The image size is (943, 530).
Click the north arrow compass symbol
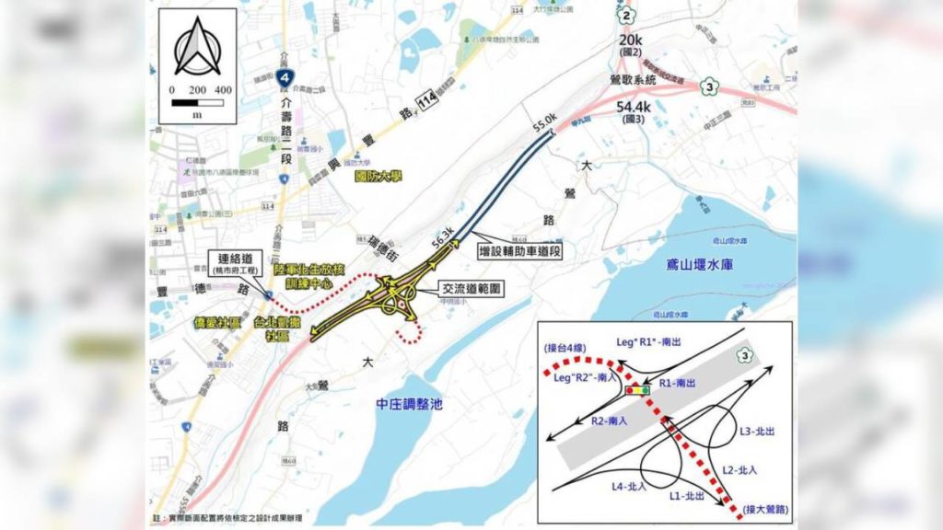coord(195,49)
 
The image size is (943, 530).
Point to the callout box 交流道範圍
coord(472,288)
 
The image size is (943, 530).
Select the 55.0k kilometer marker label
coord(545,120)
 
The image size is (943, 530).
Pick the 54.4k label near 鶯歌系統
coord(634,112)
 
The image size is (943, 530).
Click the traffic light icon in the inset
coord(637,390)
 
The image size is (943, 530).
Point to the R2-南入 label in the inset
coord(610,421)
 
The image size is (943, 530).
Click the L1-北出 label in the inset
coord(688,494)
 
